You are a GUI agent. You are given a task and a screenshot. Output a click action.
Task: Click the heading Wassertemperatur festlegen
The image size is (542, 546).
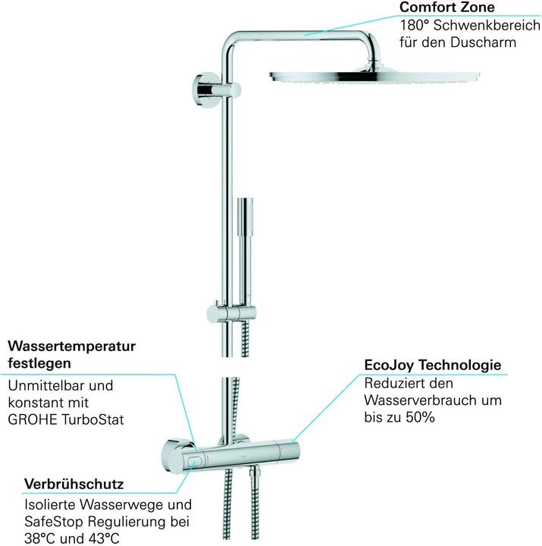[x=71, y=354]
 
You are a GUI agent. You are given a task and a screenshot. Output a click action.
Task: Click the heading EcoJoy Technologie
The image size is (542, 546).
[x=433, y=366]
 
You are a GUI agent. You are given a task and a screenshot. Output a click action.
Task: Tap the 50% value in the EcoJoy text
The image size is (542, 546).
[x=421, y=417]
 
